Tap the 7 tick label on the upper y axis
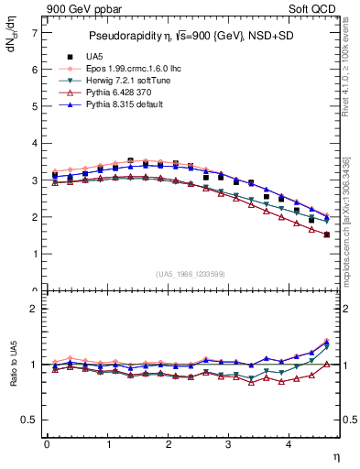[34, 32]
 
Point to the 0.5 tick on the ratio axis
[30, 420]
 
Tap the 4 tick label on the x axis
[289, 446]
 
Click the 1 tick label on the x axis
[107, 446]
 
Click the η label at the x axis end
[336, 455]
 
